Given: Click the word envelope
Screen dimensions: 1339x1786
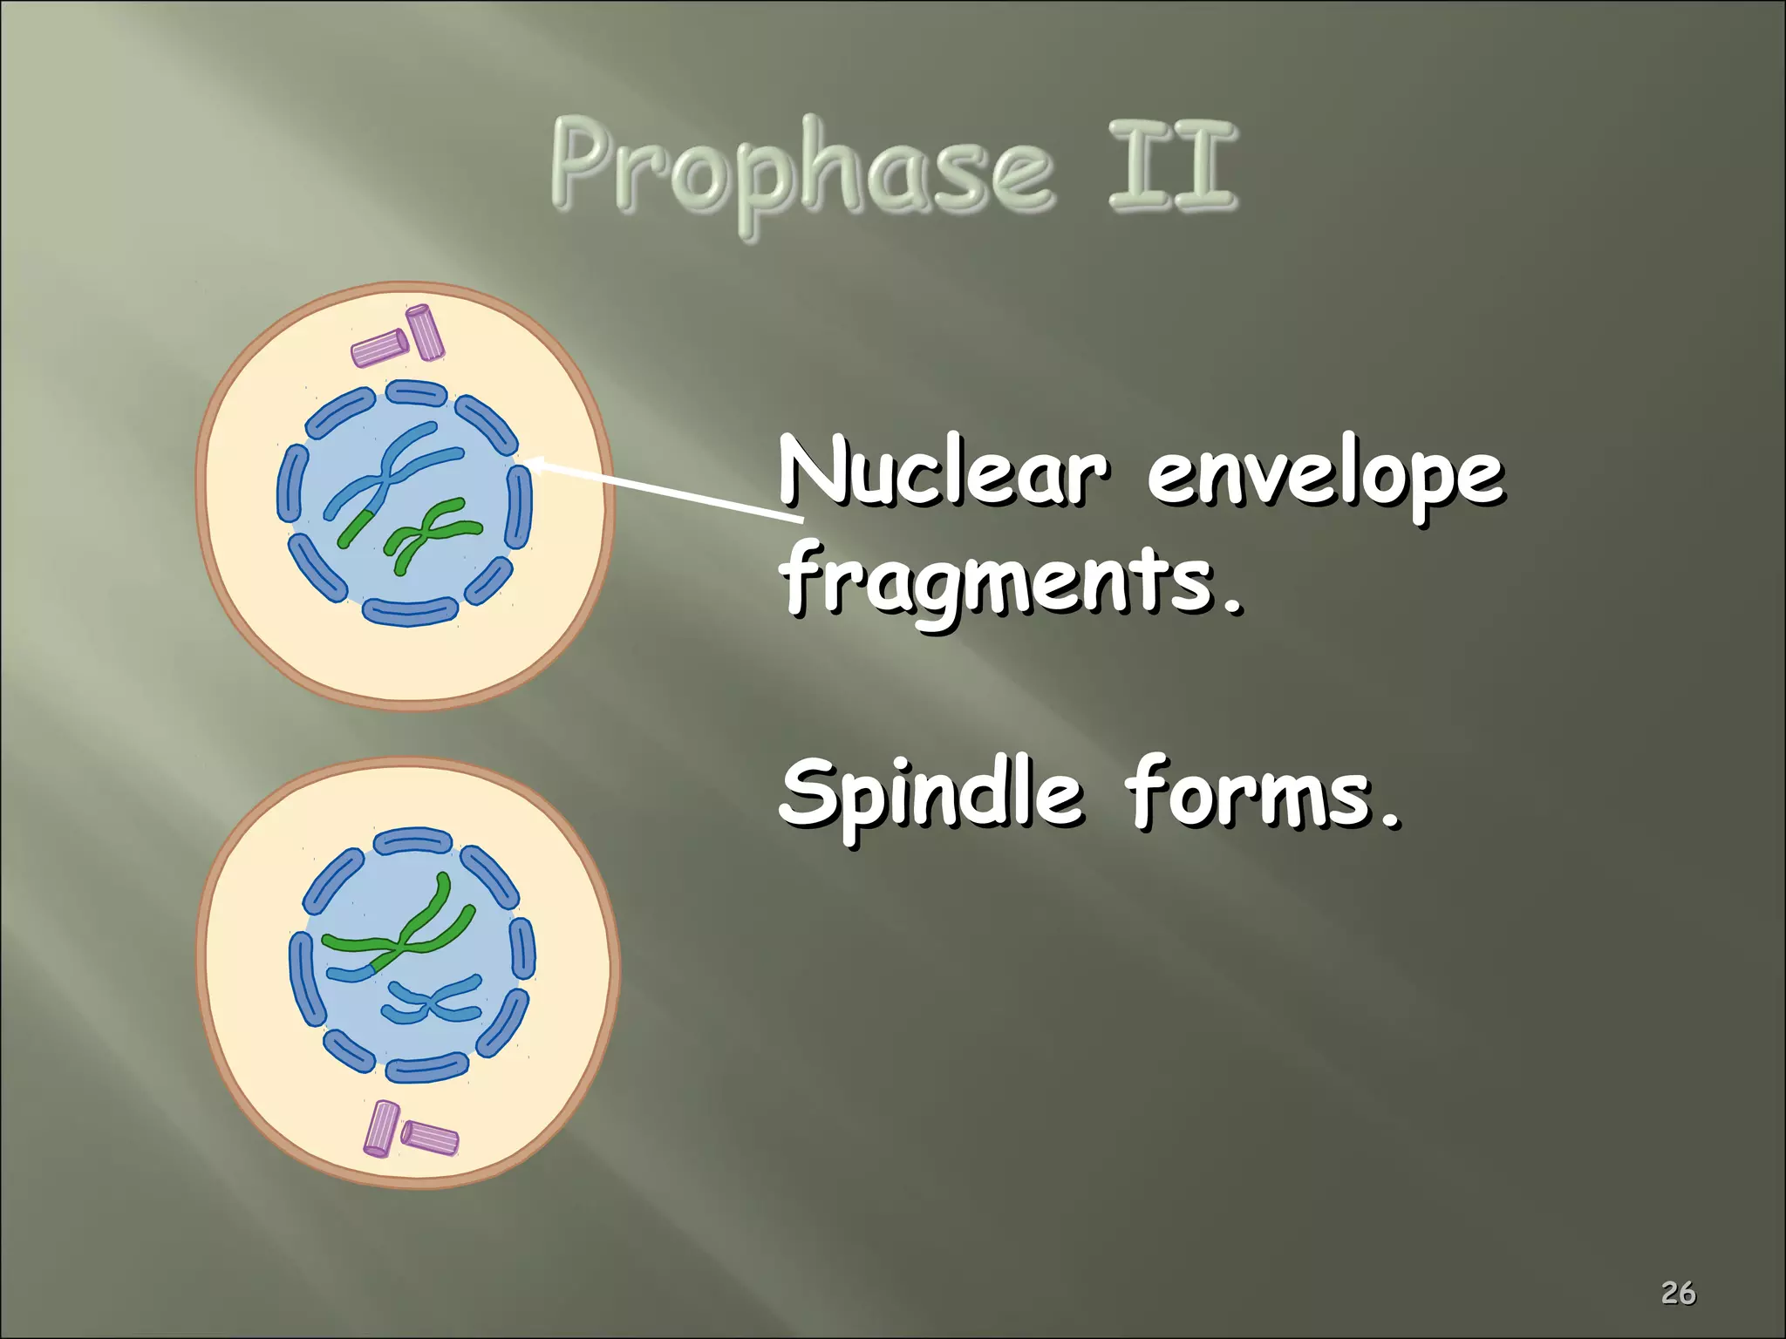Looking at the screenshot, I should click(x=1325, y=478).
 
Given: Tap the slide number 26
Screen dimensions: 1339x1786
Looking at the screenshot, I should click(x=1678, y=1292).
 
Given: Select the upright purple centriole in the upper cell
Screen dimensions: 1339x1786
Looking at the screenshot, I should click(x=426, y=331).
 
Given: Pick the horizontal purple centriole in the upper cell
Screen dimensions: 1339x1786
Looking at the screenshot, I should click(x=379, y=348).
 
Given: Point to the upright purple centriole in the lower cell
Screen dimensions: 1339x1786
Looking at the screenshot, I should click(x=381, y=1129).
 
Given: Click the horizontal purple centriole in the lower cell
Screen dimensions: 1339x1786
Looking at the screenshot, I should click(x=430, y=1138).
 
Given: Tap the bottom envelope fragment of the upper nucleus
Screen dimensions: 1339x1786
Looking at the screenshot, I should click(x=410, y=611).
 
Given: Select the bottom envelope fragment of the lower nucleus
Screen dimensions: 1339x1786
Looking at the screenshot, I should click(x=426, y=1068).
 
